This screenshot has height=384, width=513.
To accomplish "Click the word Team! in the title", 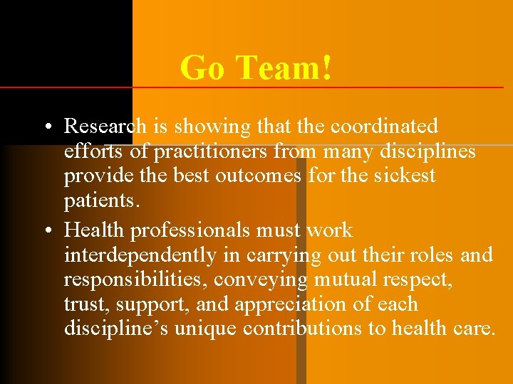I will point(284,68).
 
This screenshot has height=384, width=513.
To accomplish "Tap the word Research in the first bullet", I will point(105,127).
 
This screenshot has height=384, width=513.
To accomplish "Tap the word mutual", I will point(346,279).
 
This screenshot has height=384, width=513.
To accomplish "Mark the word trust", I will point(83,304).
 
